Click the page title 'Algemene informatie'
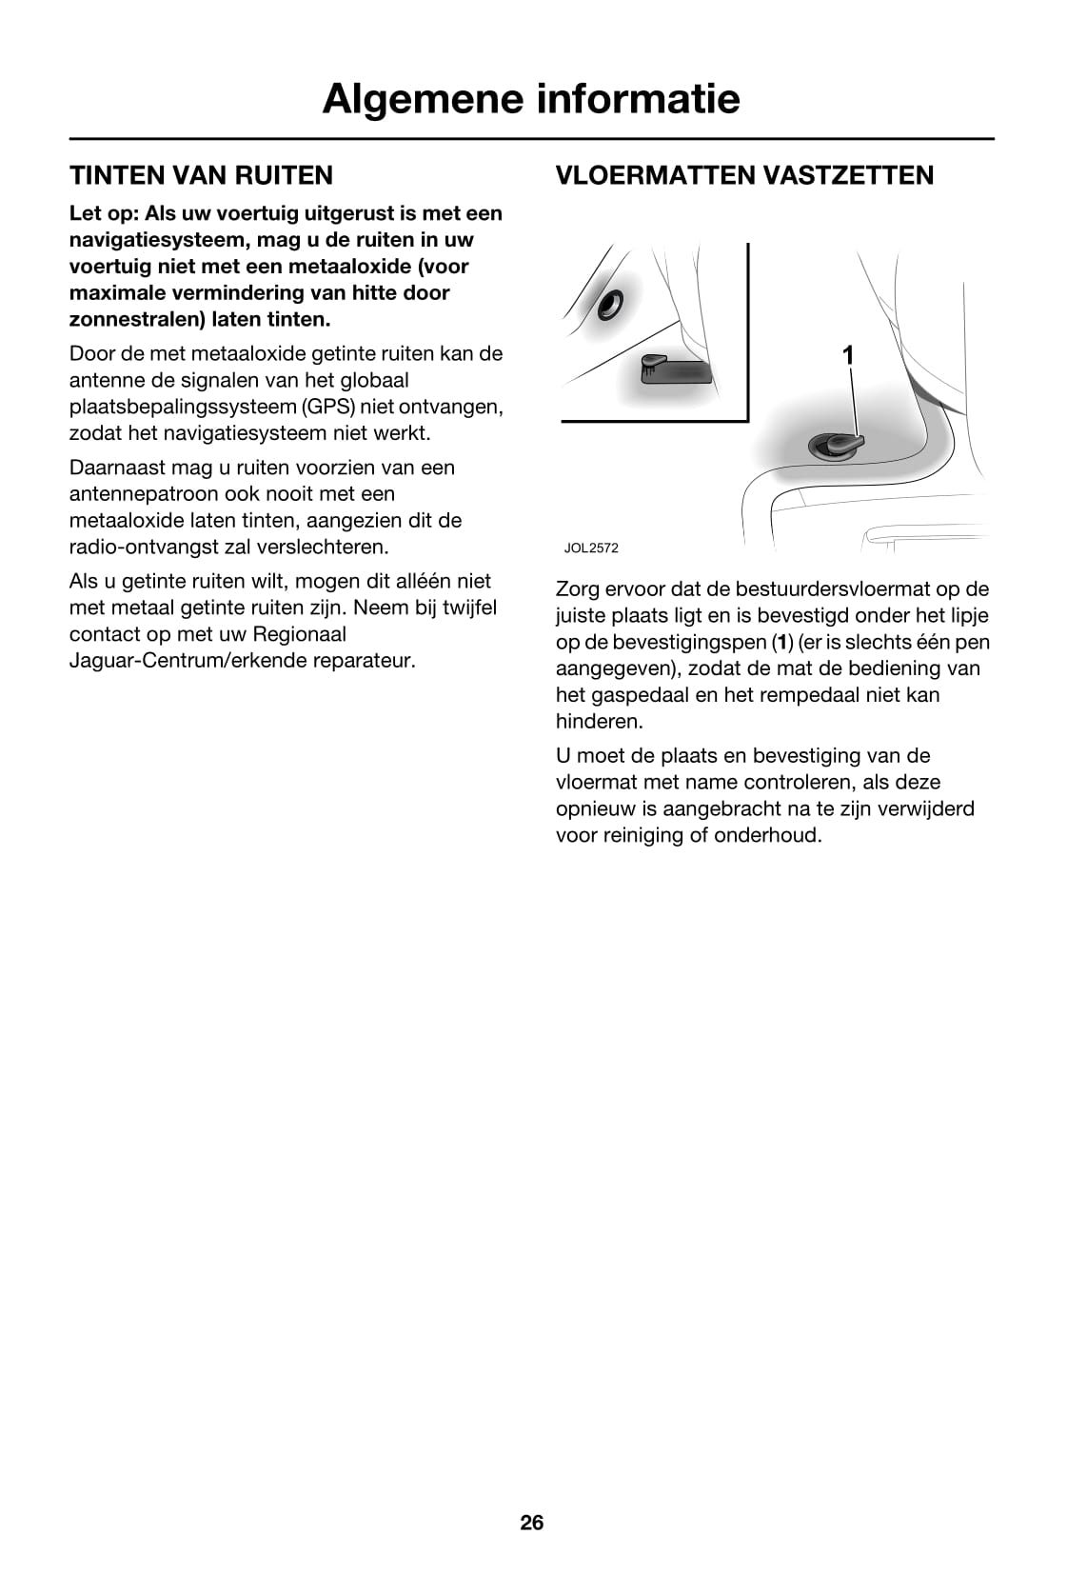click(x=530, y=99)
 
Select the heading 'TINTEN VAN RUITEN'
click(x=201, y=175)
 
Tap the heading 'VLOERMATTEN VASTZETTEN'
click(x=744, y=175)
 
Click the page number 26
click(x=532, y=1523)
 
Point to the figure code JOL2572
click(x=591, y=548)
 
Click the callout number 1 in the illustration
click(x=848, y=355)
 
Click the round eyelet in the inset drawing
click(x=607, y=304)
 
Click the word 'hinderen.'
click(x=600, y=722)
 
